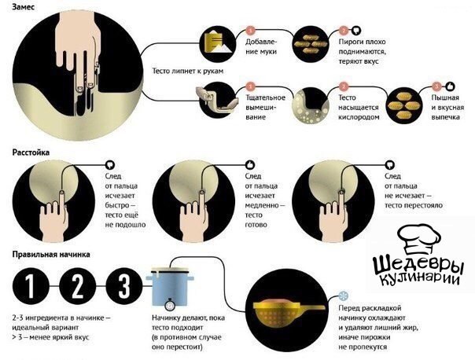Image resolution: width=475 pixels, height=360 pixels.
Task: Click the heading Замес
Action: tap(23, 6)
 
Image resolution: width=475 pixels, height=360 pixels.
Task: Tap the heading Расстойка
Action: tap(31, 152)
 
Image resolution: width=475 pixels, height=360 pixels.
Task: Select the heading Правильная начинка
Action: tap(51, 255)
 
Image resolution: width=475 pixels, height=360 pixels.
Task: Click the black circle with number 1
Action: tap(31, 286)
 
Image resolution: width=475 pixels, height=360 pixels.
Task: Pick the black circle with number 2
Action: tap(77, 286)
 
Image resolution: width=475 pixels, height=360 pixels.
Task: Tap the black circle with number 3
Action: tap(124, 286)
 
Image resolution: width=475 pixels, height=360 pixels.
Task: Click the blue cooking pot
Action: tap(170, 286)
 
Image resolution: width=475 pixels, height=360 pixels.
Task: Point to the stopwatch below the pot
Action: tap(170, 304)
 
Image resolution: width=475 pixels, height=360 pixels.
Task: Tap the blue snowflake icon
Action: tap(343, 296)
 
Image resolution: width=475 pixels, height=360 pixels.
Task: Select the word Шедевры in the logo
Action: tap(418, 266)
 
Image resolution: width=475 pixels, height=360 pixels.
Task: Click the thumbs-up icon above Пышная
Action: tap(450, 86)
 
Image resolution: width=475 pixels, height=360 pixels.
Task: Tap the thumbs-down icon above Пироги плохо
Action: tap(356, 31)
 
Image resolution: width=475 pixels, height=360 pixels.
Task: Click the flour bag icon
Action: tap(218, 42)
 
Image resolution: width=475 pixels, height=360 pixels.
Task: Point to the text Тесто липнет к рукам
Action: tap(188, 72)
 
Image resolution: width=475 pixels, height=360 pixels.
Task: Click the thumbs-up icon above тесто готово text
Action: tap(250, 165)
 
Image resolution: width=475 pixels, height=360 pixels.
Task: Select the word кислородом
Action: tap(359, 117)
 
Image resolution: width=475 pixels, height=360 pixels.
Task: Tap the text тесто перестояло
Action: tap(414, 206)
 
